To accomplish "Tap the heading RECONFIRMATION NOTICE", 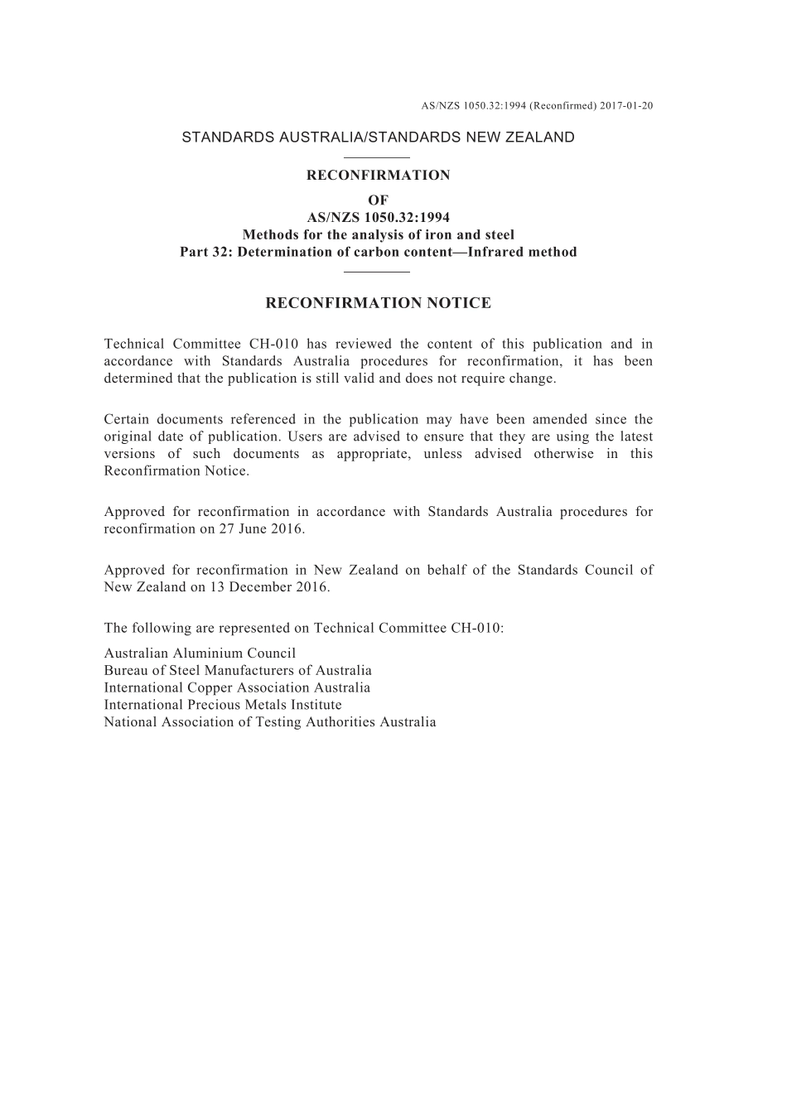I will [x=378, y=303].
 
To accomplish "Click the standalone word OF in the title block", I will [x=378, y=200].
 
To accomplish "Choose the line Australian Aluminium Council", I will [x=200, y=653].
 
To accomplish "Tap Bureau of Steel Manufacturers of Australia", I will [x=238, y=670].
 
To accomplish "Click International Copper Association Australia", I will [x=237, y=687].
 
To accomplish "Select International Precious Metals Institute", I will [x=223, y=705].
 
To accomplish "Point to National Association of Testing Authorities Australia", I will [x=270, y=722].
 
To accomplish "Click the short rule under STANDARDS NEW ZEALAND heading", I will [x=377, y=157].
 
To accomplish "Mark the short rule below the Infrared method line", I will [x=377, y=271].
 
